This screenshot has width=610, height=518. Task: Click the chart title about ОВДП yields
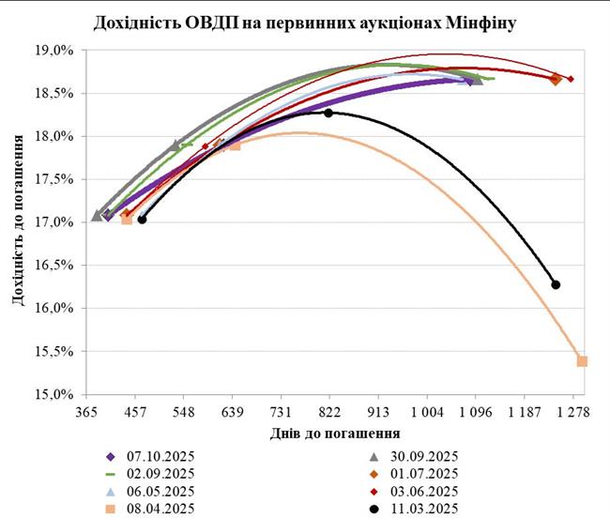(x=305, y=21)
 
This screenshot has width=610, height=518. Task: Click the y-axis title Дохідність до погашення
(x=18, y=221)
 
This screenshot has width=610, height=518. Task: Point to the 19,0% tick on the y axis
(x=53, y=50)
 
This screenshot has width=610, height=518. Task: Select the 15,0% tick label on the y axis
(x=53, y=394)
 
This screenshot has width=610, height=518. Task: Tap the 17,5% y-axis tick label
(x=53, y=179)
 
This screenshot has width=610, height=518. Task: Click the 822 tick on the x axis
(x=329, y=412)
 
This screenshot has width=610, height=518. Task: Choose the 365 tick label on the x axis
(x=87, y=412)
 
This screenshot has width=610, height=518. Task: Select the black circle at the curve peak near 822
(x=328, y=113)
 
